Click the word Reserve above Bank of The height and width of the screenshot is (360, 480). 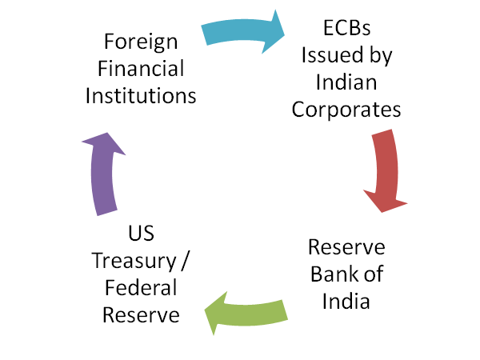345,247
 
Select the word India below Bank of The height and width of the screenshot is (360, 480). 345,302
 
